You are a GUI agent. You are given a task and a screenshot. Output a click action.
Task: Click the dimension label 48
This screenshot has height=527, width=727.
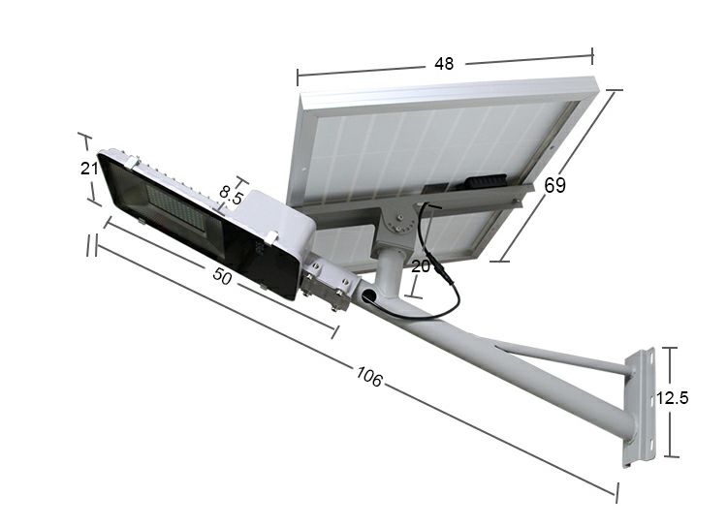click(x=444, y=64)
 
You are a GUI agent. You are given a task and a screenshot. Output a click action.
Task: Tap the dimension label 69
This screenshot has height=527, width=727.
click(x=554, y=185)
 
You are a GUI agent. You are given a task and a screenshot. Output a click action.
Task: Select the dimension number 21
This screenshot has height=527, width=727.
click(x=89, y=168)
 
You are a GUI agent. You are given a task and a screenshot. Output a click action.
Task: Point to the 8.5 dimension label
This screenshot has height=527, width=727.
click(x=231, y=194)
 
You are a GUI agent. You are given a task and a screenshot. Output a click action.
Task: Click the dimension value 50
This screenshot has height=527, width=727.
click(x=222, y=277)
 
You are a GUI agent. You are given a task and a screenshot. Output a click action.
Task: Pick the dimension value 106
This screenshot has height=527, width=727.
click(x=369, y=378)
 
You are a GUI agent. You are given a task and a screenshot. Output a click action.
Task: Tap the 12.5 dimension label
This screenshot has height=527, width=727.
click(x=672, y=397)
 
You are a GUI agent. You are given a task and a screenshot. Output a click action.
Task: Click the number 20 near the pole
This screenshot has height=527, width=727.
click(x=420, y=267)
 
